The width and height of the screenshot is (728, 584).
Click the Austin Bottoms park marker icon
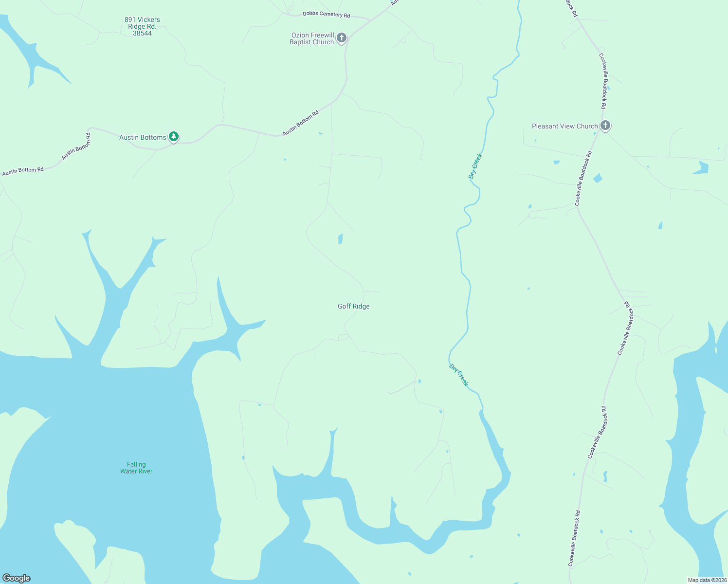tap(174, 137)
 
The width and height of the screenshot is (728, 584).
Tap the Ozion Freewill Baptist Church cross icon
tap(342, 37)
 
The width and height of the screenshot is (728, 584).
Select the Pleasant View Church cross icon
tap(605, 126)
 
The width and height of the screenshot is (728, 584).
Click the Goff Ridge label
tap(354, 306)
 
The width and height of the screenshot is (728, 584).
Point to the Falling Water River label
tap(136, 468)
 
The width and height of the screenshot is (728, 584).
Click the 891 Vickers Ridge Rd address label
tap(142, 27)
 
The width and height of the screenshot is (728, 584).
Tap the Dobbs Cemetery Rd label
tap(326, 14)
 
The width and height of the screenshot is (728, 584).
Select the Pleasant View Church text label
tap(564, 126)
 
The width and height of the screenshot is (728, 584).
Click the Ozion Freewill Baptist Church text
tap(312, 39)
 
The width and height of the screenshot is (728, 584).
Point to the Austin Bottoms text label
tap(143, 137)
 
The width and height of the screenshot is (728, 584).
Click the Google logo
tap(17, 578)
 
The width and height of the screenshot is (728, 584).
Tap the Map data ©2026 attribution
tap(707, 580)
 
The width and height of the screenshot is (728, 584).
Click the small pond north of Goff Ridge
tap(340, 238)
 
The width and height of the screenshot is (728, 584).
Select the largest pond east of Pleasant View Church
tap(701, 168)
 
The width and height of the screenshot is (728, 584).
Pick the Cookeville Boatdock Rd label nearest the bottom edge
tap(574, 538)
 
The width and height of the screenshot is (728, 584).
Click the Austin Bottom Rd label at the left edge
tap(23, 171)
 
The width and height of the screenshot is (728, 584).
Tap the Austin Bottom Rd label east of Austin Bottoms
tap(301, 123)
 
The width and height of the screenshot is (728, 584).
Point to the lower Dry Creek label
tap(458, 375)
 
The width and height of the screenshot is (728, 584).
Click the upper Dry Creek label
tap(475, 166)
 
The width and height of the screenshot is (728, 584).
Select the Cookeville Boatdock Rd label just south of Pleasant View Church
tap(583, 178)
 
